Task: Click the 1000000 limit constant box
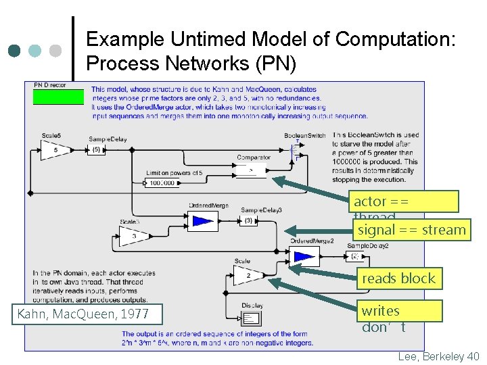click(x=163, y=182)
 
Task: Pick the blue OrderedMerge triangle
click(x=202, y=220)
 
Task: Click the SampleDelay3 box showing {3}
click(x=248, y=220)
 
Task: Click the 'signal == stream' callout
click(x=411, y=230)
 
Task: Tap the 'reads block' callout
click(x=398, y=278)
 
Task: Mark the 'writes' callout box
click(x=400, y=311)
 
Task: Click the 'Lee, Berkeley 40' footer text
click(x=439, y=356)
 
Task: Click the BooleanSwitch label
click(x=304, y=136)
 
